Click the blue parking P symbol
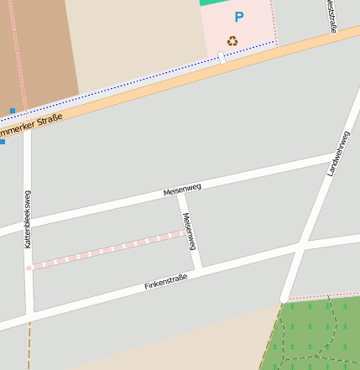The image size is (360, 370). (x=239, y=17)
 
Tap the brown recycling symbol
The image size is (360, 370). (x=232, y=40)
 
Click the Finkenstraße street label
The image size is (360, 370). (x=165, y=281)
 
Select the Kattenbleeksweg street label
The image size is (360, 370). (x=28, y=218)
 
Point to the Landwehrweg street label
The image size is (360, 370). (x=338, y=154)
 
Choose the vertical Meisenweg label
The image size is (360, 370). (x=189, y=232)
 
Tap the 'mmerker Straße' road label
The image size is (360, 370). (x=31, y=128)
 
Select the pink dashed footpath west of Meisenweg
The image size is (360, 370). (x=109, y=248)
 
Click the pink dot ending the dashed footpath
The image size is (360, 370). (x=29, y=268)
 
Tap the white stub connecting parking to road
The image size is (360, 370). (x=222, y=57)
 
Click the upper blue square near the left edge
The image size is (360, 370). (x=12, y=111)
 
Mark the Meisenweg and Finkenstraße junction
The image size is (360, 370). (x=198, y=269)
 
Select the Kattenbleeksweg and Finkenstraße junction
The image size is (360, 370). (x=29, y=315)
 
